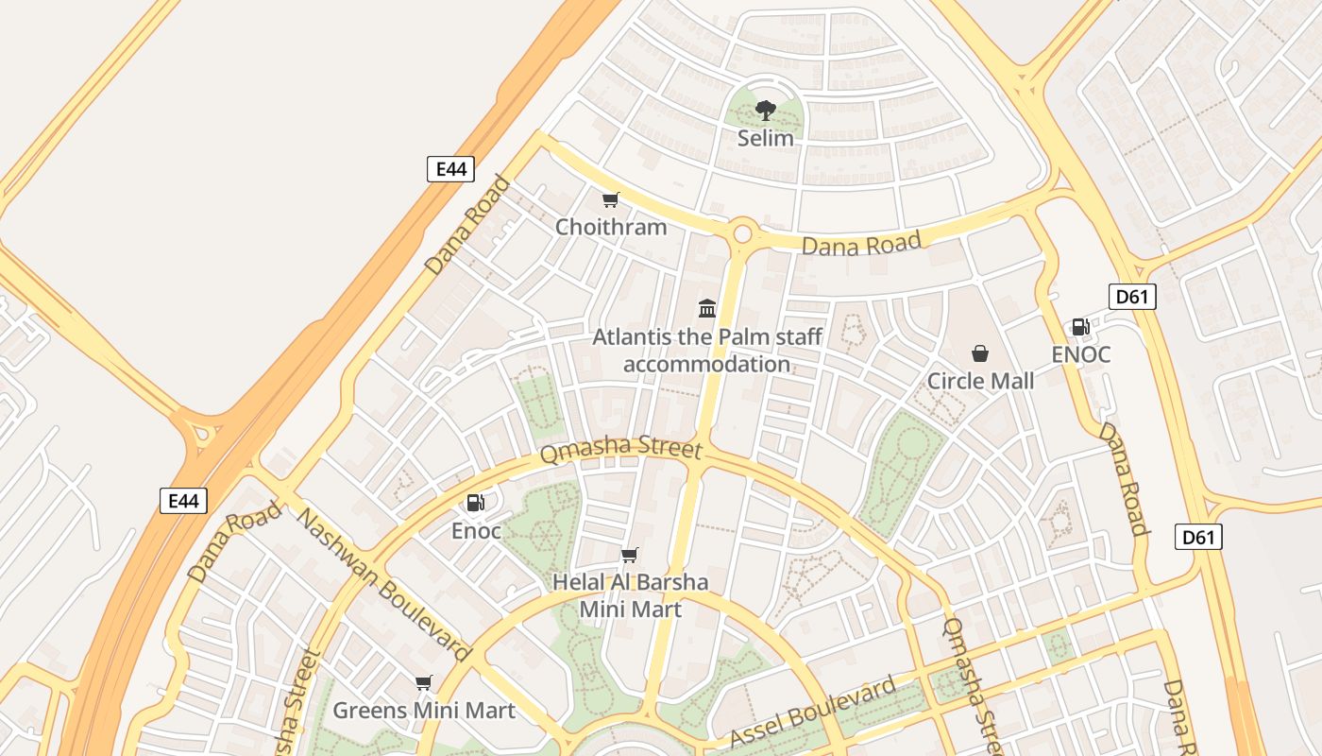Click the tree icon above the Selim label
click(765, 111)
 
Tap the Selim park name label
click(765, 138)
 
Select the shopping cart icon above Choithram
click(610, 199)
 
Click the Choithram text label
click(610, 227)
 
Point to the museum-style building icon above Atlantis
click(707, 308)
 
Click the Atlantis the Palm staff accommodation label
click(707, 351)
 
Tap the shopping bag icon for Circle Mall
click(980, 353)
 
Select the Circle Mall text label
click(980, 381)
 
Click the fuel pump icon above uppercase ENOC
click(1080, 327)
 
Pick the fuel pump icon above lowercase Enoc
click(476, 503)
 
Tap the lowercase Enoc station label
click(476, 531)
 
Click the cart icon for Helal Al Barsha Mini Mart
click(629, 555)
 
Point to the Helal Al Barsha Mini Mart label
click(630, 595)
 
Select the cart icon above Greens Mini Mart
click(423, 682)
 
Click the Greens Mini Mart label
click(424, 711)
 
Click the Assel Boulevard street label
click(813, 712)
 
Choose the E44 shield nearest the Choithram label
click(450, 169)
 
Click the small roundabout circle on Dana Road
click(742, 232)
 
